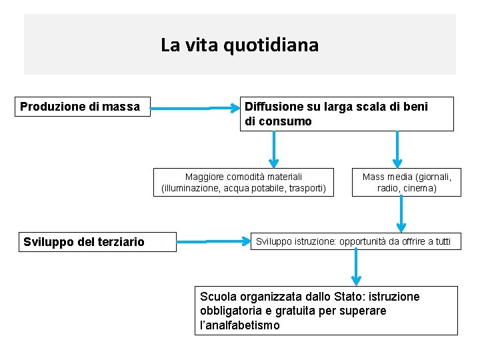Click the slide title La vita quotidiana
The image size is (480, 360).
[239, 45]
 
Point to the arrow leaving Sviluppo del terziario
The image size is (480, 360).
[213, 241]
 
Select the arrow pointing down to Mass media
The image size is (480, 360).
[397, 148]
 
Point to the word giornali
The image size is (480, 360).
[433, 177]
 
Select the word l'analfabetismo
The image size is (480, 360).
[240, 325]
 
